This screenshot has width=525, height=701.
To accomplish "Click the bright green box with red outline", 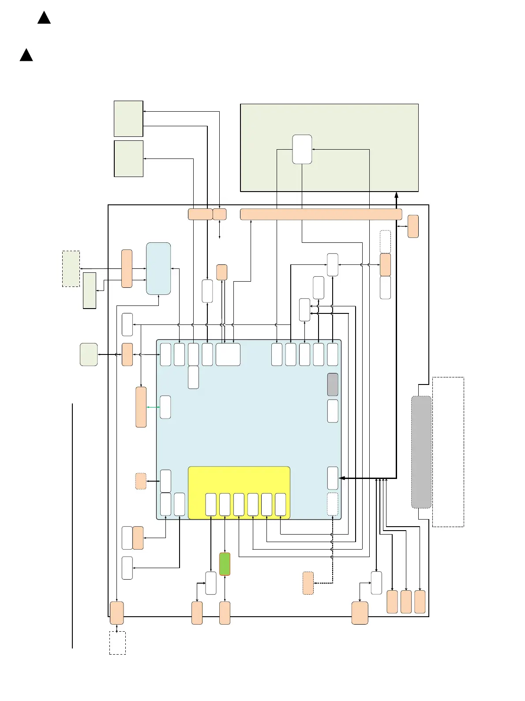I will coord(225,564).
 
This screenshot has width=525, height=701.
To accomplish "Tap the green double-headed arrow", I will coord(153,407).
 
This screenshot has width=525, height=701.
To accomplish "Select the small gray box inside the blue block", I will coord(333,384).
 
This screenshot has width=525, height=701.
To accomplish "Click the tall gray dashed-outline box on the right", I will coord(421,452).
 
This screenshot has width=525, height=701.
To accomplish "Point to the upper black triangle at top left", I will coord(44,18).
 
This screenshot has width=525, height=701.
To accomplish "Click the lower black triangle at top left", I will coord(26,55).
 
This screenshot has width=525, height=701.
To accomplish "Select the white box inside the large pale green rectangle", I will coord(302,149).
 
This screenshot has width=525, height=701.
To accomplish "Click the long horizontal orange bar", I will coord(321,214).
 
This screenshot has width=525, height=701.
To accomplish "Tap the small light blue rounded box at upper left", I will coord(158,268).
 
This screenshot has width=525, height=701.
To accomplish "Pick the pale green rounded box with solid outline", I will coord(89,354).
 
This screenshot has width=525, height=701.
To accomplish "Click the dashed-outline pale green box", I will coord(71,269).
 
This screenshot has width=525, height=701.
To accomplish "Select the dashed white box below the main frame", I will coord(117,643).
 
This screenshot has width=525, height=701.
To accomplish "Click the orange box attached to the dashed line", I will coord(308,583).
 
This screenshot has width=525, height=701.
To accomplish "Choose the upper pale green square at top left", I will coord(128,119).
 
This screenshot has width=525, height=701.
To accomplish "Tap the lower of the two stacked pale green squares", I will coord(128,158).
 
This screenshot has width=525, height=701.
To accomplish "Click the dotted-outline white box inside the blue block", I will coord(333,504).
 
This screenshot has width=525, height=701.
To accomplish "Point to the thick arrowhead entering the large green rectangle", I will coord(396,195).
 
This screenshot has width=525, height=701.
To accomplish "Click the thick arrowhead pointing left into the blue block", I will coord(341,478).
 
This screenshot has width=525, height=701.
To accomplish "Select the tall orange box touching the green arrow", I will coord(141,407).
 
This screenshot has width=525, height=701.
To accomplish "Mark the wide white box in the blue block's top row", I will coord(228,354).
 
